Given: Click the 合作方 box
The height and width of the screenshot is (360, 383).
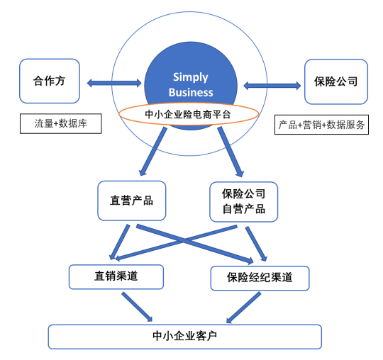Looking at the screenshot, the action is [x=50, y=81].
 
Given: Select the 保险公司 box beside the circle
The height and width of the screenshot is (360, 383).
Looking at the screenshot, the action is [x=336, y=81].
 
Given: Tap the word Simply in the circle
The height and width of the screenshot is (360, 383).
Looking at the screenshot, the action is [x=191, y=77].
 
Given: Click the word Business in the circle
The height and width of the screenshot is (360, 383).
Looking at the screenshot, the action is [x=191, y=93].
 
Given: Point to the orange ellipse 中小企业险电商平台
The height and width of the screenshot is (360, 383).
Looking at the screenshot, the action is [x=189, y=114].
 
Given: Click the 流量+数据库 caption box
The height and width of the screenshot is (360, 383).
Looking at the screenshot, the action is [x=61, y=123].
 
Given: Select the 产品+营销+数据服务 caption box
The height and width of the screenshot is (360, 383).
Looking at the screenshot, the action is [x=321, y=125].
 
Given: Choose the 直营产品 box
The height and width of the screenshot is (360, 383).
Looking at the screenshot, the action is [x=132, y=201].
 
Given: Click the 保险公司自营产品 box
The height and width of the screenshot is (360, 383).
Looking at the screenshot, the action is [x=243, y=201].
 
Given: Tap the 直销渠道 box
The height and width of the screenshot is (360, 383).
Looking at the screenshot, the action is [x=116, y=277].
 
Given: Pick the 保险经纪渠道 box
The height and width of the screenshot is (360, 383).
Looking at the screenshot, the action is [x=260, y=278].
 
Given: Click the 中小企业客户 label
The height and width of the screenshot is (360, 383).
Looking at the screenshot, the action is [x=185, y=337].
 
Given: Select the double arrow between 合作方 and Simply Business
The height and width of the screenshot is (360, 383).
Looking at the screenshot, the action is [x=114, y=83].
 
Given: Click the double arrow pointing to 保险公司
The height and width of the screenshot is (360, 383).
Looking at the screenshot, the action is [x=272, y=86].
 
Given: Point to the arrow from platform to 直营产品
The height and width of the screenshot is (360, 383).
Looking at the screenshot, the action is [x=153, y=152].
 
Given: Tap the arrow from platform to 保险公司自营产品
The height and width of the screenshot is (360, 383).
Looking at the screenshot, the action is [x=231, y=152].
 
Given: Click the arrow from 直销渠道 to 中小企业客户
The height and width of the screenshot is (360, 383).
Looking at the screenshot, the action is [x=137, y=307].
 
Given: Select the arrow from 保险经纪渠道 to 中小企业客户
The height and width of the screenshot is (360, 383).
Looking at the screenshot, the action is [x=243, y=308].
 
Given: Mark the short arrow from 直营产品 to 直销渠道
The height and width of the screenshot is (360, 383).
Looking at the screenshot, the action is [x=120, y=242].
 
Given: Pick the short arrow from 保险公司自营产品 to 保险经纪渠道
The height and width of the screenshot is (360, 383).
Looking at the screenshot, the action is [x=256, y=244].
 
